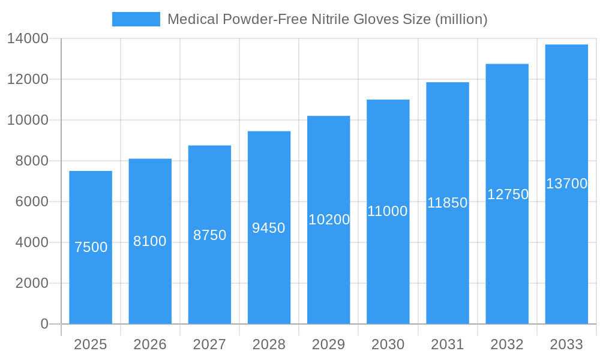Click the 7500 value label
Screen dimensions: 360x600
(x=91, y=247)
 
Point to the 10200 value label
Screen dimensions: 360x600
(x=329, y=220)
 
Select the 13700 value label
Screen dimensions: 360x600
(x=566, y=184)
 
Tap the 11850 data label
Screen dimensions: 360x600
(x=447, y=203)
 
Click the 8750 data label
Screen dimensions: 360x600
(x=209, y=235)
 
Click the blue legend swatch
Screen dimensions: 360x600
(x=136, y=19)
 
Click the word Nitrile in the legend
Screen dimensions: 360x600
(x=332, y=19)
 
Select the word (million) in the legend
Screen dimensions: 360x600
(x=460, y=19)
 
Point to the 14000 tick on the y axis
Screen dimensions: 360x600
(x=28, y=38)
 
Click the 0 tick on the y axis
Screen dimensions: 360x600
(x=44, y=324)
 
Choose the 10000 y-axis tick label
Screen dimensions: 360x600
(x=28, y=120)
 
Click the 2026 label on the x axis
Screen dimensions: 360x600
(x=150, y=344)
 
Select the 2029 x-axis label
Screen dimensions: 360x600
(x=329, y=344)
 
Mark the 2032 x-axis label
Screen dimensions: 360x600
(x=507, y=344)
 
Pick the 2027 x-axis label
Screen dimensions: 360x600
(x=209, y=344)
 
